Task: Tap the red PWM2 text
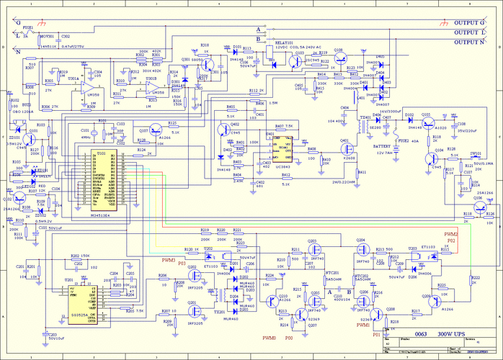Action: coord(452,234)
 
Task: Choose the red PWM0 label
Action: coord(270,337)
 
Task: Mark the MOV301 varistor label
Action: coord(47,35)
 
